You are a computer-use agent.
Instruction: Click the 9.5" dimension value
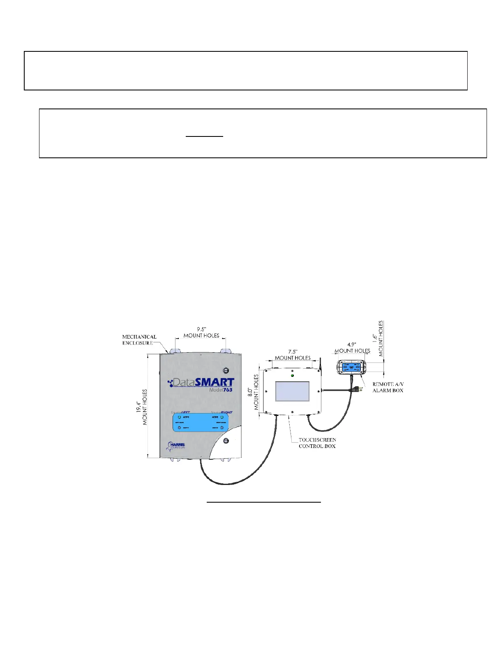coord(201,329)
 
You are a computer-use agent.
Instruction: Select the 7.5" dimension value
coord(293,352)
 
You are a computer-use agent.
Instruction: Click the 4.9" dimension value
coord(352,345)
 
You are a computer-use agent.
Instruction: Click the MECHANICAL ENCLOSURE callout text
coord(139,340)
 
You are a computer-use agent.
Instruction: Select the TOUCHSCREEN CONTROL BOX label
coord(317,443)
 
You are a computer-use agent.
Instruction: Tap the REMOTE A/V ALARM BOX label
coord(388,387)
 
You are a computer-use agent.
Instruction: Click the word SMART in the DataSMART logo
coord(214,382)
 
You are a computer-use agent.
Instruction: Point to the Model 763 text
coord(220,390)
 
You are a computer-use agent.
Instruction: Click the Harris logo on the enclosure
coord(177,446)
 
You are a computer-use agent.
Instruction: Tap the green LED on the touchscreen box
coord(292,376)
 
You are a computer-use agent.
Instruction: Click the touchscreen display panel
coord(292,391)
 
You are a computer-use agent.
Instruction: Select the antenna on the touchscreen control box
coord(319,363)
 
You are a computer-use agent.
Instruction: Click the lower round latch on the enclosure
coord(225,441)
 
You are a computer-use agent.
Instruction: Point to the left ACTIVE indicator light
coord(180,417)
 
